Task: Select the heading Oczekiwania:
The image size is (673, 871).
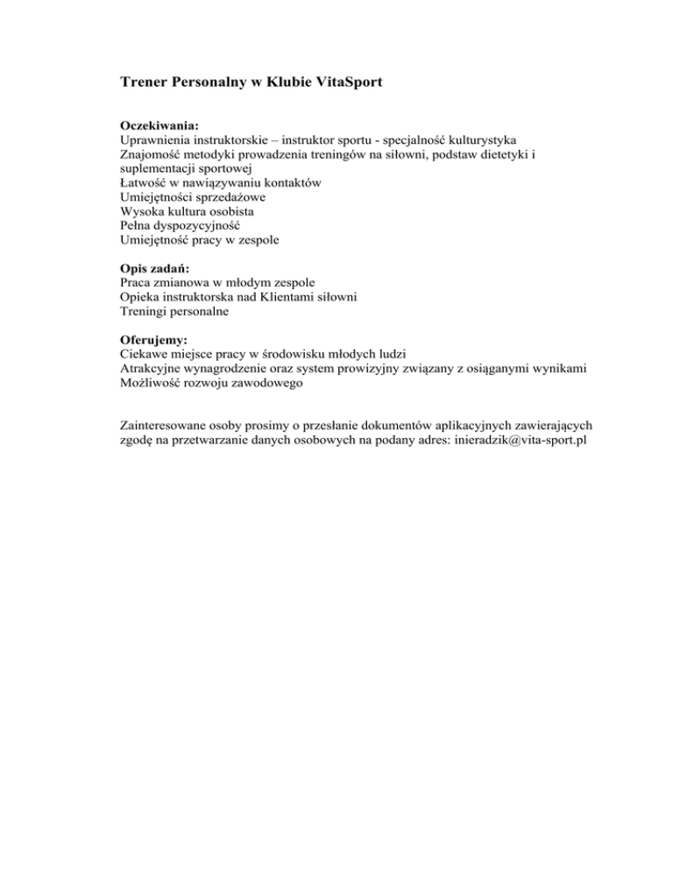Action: pyautogui.click(x=154, y=126)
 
